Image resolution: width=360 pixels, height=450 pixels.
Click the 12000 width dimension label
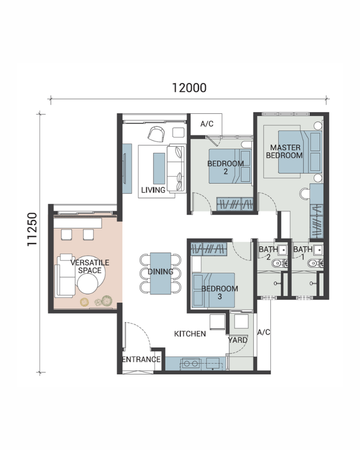coord(189,88)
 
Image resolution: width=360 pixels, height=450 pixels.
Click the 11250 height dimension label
coord(32,229)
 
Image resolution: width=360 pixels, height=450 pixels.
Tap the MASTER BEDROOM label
coord(284,152)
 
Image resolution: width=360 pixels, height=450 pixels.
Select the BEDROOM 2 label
coord(225,167)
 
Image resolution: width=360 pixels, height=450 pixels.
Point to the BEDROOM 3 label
coord(220,292)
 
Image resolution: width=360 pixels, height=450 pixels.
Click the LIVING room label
coord(153,190)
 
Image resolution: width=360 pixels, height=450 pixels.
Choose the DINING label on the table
coord(161,271)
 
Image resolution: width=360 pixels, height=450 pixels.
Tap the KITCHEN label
coord(190,334)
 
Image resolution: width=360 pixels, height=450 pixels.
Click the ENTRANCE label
coord(141,359)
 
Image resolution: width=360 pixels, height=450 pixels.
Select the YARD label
coord(238,340)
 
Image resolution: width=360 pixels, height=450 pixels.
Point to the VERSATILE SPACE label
coord(90,266)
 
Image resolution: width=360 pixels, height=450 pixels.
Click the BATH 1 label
coord(303,253)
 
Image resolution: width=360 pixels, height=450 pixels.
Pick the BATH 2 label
coord(268,253)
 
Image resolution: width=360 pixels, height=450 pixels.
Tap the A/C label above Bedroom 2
coord(207,124)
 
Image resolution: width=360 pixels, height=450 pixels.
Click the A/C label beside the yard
coord(264,332)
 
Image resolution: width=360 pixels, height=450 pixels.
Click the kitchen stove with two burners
coord(191,364)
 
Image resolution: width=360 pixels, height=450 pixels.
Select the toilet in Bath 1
coord(314,263)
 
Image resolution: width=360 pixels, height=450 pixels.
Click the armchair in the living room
coord(157,134)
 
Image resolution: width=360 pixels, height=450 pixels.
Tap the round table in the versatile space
coord(88,283)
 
